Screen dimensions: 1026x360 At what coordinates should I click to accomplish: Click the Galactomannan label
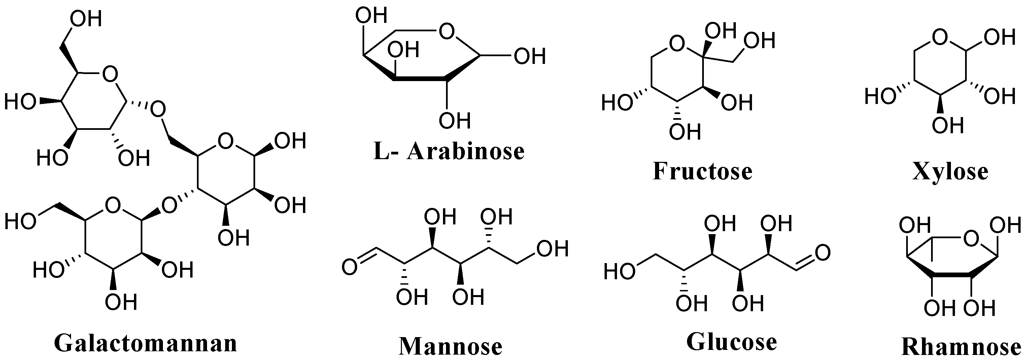(145, 343)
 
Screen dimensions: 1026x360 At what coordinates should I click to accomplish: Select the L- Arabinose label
(449, 151)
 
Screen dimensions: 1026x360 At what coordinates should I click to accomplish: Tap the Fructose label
(703, 171)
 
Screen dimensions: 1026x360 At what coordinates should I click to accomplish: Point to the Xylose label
(950, 172)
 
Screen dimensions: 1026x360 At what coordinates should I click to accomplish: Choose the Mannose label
(450, 346)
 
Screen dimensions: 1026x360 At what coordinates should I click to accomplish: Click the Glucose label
(732, 342)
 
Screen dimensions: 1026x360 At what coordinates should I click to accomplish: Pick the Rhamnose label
(961, 347)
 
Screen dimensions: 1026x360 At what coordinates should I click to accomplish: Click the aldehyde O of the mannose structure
(350, 267)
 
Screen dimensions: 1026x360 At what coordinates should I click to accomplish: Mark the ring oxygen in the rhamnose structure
(971, 239)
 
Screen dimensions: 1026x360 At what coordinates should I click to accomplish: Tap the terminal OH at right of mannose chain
(552, 249)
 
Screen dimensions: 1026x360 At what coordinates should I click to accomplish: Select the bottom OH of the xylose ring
(948, 126)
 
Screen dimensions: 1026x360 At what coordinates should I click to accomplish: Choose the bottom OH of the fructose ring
(685, 132)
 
